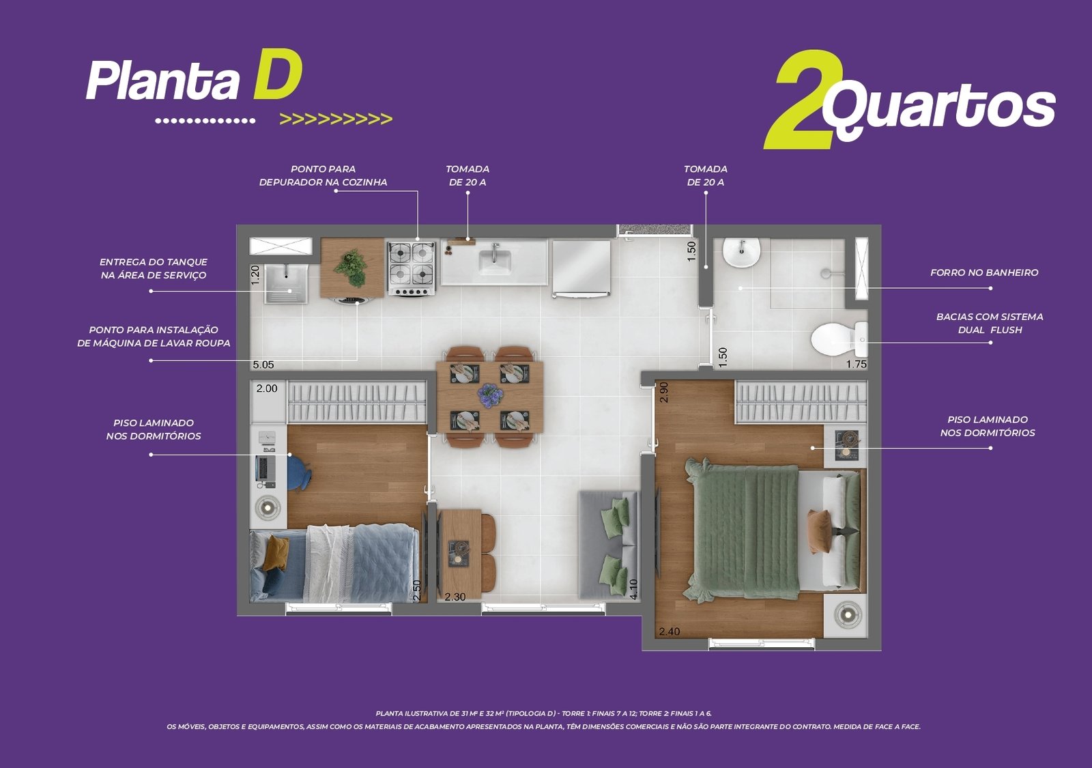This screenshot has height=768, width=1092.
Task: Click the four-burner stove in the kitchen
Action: [x=412, y=269]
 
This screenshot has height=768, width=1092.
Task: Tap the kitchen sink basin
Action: [x=494, y=261]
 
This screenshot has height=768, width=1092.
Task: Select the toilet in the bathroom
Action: [x=839, y=339]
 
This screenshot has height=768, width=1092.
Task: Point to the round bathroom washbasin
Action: [x=741, y=252]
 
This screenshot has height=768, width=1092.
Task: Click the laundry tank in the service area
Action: [x=286, y=284]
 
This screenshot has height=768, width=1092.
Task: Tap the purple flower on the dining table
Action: [x=490, y=395]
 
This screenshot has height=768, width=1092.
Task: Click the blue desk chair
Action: [x=298, y=472]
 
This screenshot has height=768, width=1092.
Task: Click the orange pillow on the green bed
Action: [x=820, y=531]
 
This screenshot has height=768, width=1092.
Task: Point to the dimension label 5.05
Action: [x=263, y=365]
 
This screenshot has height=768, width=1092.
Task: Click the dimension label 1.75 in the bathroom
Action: [x=856, y=364]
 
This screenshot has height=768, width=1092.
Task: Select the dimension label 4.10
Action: [x=633, y=589]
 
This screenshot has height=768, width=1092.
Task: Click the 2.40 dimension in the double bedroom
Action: [x=670, y=631]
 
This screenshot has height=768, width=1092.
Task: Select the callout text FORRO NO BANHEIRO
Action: [x=984, y=272]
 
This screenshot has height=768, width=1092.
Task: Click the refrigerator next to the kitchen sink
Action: [x=581, y=269]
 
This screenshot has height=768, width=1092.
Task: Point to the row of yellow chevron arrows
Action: [x=336, y=119]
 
